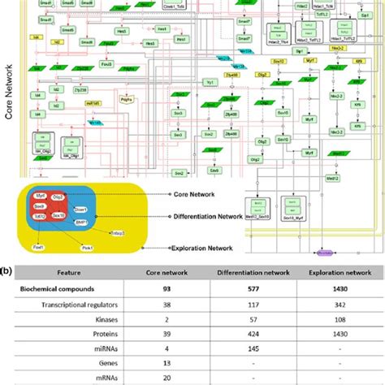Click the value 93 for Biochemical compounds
click(x=167, y=289)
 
